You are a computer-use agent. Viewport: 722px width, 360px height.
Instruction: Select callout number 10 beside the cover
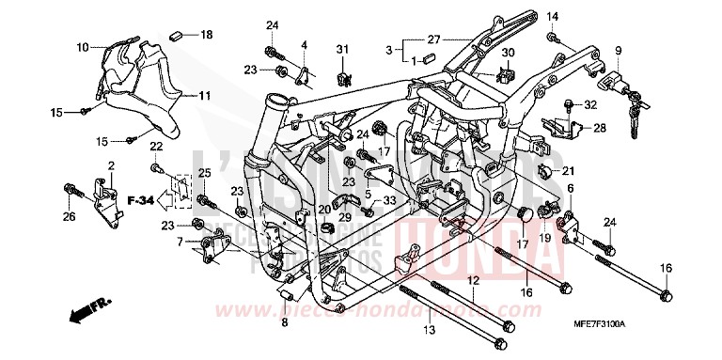(x=83, y=46)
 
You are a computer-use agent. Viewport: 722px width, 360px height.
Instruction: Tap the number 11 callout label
(x=205, y=95)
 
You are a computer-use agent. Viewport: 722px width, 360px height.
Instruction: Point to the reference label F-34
(x=139, y=200)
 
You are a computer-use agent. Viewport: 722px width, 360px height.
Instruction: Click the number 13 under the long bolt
(x=430, y=330)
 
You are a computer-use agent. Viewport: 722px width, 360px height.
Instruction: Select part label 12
(x=473, y=279)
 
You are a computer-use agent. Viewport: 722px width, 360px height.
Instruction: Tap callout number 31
(x=343, y=49)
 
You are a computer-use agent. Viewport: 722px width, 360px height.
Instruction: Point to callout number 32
(x=591, y=103)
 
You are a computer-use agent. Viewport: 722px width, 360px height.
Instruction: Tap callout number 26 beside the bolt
(x=70, y=218)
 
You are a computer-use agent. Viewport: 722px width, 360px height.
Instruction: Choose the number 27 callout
(x=433, y=39)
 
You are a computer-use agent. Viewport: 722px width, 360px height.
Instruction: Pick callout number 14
(x=553, y=16)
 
